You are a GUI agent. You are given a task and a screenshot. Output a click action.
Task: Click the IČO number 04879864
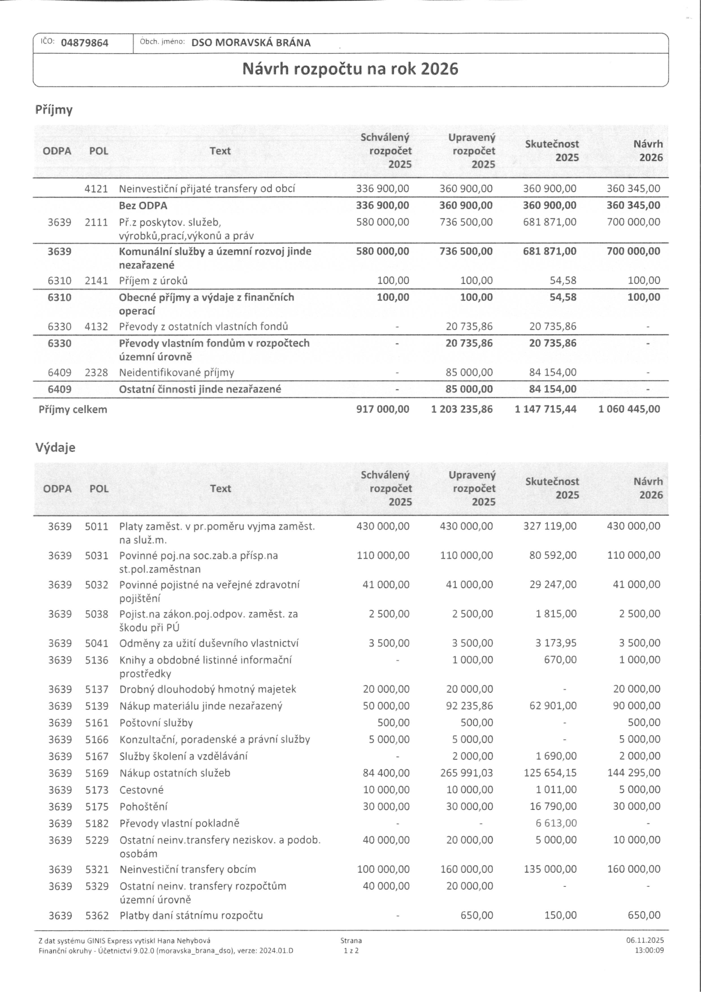click(84, 43)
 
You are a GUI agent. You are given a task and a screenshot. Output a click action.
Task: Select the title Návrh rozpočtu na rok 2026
click(350, 69)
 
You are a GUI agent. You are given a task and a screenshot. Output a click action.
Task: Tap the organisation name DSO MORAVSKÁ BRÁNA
click(251, 43)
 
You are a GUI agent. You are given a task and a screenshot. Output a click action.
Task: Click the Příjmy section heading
click(54, 110)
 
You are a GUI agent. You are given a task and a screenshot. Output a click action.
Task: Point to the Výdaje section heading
click(55, 447)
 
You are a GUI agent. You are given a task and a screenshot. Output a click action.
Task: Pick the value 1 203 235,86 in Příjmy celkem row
click(461, 409)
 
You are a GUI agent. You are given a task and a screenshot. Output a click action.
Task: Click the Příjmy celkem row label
click(72, 409)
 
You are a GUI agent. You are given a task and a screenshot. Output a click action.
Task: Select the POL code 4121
click(96, 188)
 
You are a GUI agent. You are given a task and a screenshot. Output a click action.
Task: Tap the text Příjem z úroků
click(153, 281)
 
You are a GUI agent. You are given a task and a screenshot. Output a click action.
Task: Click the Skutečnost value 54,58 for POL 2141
click(563, 281)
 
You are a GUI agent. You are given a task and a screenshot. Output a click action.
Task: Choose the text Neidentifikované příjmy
click(176, 372)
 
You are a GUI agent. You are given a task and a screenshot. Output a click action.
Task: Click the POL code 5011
click(97, 526)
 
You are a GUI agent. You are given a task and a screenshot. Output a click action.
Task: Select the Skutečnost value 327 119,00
click(550, 526)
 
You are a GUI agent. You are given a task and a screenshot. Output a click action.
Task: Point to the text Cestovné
click(141, 790)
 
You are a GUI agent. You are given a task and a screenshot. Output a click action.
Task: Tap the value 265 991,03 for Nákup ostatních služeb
click(466, 773)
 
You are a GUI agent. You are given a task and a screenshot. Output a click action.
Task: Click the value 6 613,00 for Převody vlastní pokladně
click(556, 823)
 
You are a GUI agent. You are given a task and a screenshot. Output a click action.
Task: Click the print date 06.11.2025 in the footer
click(645, 941)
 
